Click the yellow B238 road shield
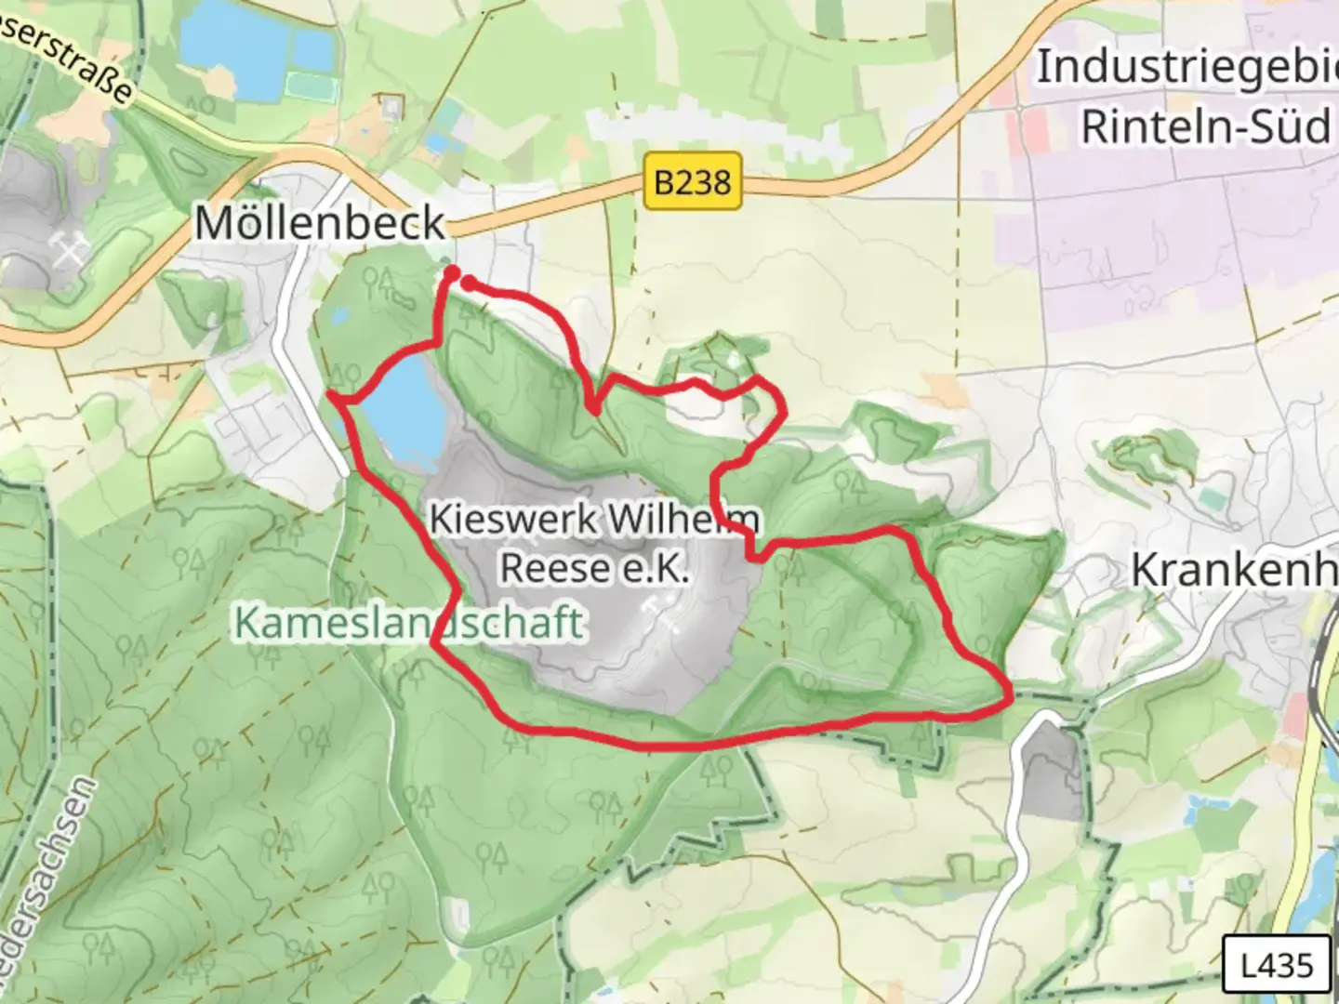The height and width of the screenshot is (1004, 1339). coord(693,180)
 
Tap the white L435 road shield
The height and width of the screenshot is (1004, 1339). coord(1276,965)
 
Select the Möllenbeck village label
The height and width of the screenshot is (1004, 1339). coord(320,223)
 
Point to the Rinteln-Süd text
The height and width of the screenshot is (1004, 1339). coord(1206,125)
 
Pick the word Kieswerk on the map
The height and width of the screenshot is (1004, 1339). coord(513,519)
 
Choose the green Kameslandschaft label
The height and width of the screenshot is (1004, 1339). coord(409,622)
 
